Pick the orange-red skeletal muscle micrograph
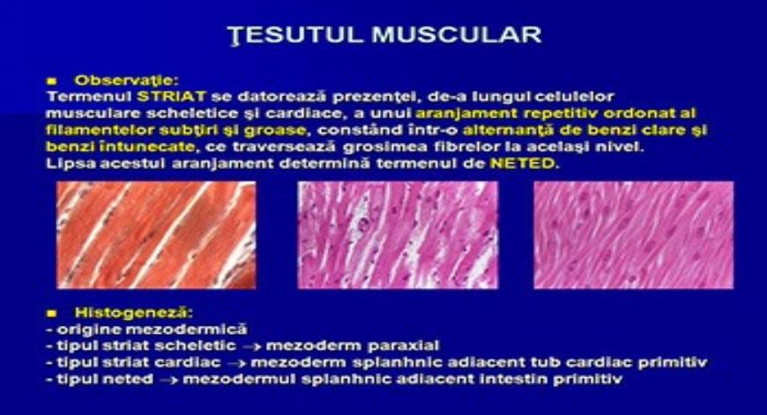click(156, 236)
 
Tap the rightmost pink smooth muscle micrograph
click(634, 236)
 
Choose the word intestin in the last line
click(527, 380)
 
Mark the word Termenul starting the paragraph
click(86, 95)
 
